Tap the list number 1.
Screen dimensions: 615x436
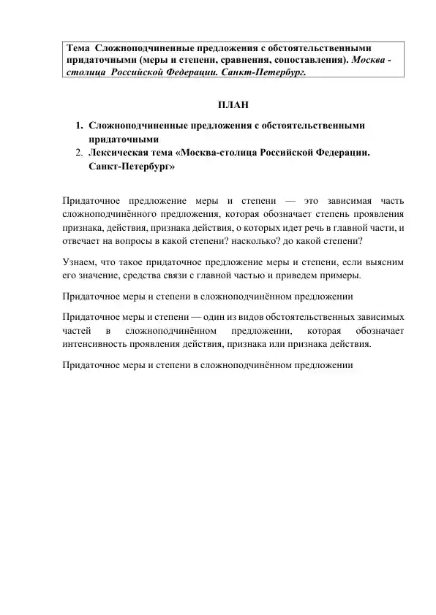pos(78,126)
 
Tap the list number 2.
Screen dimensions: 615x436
pos(78,153)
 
